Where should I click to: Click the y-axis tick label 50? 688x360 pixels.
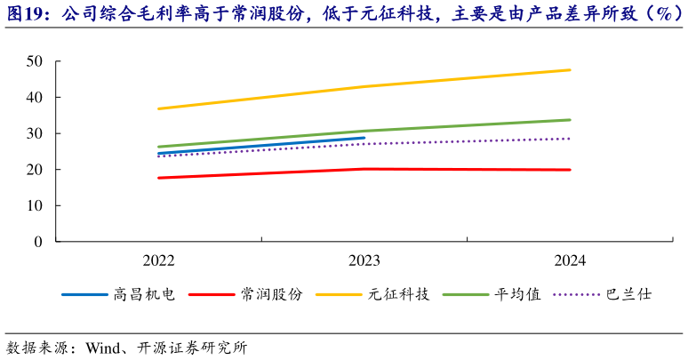point(35,61)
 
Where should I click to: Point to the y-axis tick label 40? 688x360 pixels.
point(35,97)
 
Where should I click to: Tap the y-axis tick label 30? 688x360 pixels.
point(35,133)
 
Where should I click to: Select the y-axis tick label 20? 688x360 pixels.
point(35,170)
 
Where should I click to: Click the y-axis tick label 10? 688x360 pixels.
point(35,205)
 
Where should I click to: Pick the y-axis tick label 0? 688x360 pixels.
point(38,242)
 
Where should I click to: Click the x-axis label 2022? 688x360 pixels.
point(158,260)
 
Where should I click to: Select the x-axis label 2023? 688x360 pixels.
point(364,260)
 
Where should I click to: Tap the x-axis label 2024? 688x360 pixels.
point(570,260)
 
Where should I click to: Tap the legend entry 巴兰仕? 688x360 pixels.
point(628,294)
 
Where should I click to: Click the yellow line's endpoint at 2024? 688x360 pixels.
point(570,69)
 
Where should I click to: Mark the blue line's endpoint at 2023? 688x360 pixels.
point(364,138)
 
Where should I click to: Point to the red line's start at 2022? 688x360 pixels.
point(158,178)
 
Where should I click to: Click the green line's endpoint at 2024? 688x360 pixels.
point(570,120)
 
